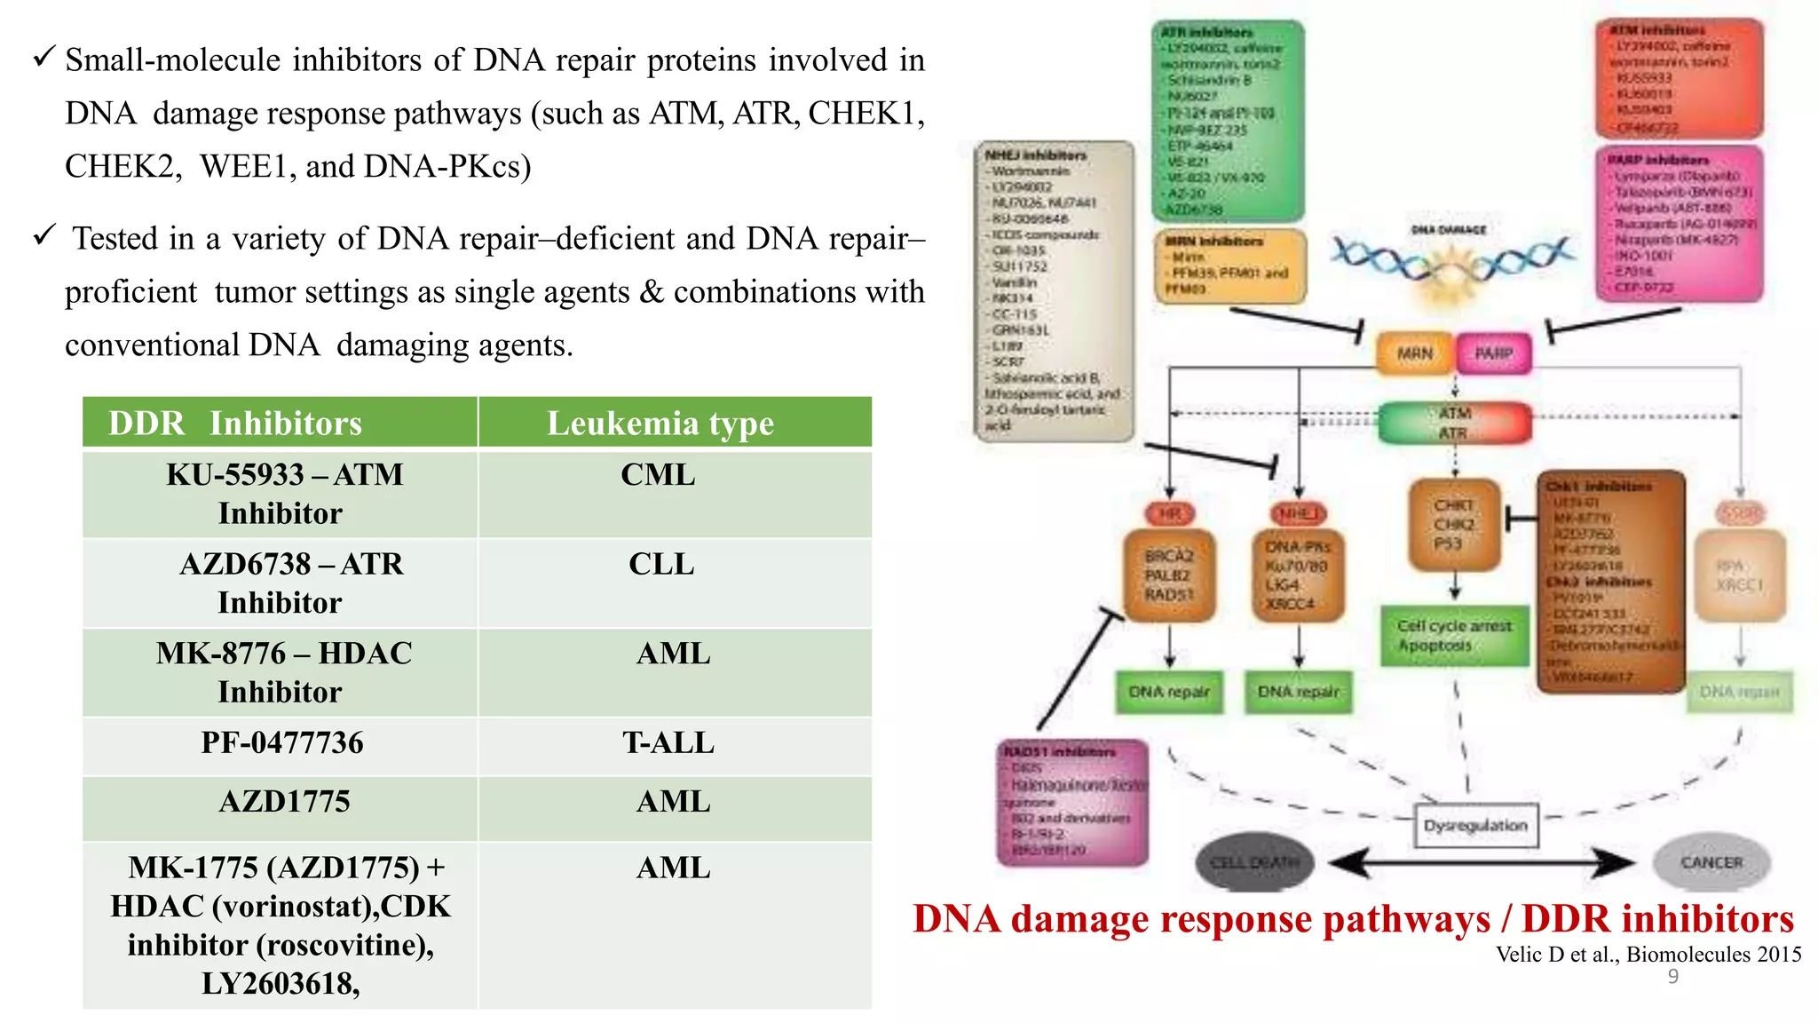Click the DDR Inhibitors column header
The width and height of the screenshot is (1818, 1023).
coord(235,423)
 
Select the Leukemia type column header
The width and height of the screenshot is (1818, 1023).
coord(660,423)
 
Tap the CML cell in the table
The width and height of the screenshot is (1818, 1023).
coord(658,475)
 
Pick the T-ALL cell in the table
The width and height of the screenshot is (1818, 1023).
coord(668,742)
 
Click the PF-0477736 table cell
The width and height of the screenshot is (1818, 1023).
coord(281,742)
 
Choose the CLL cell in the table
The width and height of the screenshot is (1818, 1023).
coord(661,564)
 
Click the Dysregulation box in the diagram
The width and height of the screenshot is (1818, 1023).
coord(1475,825)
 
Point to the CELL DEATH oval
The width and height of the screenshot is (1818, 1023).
coord(1253,862)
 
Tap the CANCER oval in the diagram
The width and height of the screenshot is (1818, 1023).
coord(1711,862)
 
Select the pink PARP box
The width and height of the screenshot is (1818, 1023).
coord(1494,353)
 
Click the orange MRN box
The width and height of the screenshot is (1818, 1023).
coord(1414,353)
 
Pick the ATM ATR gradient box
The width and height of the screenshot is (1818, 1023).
coord(1454,423)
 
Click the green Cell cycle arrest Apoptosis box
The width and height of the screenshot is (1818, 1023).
coord(1454,636)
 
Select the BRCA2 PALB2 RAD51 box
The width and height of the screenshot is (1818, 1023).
coord(1169,575)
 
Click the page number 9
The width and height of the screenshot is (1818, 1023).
coord(1672,977)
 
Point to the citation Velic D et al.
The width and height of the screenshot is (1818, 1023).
coord(1648,955)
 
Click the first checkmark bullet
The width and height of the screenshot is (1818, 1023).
coord(44,58)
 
